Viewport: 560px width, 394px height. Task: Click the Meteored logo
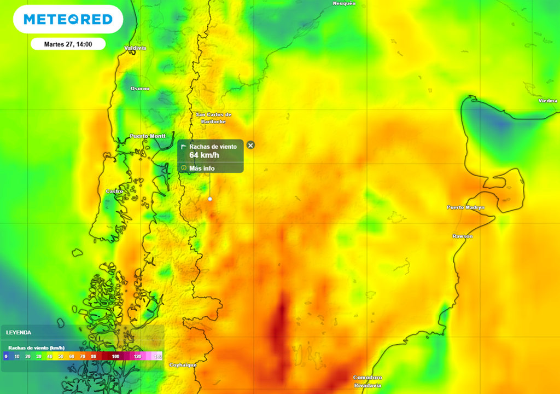tap(68, 20)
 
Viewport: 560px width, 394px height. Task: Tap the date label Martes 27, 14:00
tap(68, 44)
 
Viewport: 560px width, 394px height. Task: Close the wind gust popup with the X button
tap(250, 145)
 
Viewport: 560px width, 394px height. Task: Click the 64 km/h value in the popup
tap(204, 155)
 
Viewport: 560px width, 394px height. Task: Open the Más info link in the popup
tap(202, 168)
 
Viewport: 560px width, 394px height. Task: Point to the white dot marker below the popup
tap(210, 199)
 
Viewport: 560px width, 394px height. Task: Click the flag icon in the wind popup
tap(184, 147)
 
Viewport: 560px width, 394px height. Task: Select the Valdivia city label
tap(136, 48)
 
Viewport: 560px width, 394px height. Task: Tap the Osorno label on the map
tap(139, 89)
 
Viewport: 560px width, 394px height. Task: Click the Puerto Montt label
tap(148, 136)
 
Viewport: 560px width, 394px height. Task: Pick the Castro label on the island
tap(114, 191)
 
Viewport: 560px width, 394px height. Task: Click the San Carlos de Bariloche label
tap(214, 118)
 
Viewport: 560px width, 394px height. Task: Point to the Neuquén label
tap(344, 3)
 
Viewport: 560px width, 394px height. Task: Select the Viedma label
tap(547, 101)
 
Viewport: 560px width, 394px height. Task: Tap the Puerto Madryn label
tap(465, 207)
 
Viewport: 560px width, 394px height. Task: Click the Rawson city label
tap(462, 236)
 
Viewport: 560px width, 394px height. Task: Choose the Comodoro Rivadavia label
tap(367, 381)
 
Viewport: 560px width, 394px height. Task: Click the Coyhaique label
tap(183, 365)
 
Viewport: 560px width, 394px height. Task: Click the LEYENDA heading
tap(19, 332)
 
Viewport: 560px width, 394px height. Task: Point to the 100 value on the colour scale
tap(115, 356)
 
